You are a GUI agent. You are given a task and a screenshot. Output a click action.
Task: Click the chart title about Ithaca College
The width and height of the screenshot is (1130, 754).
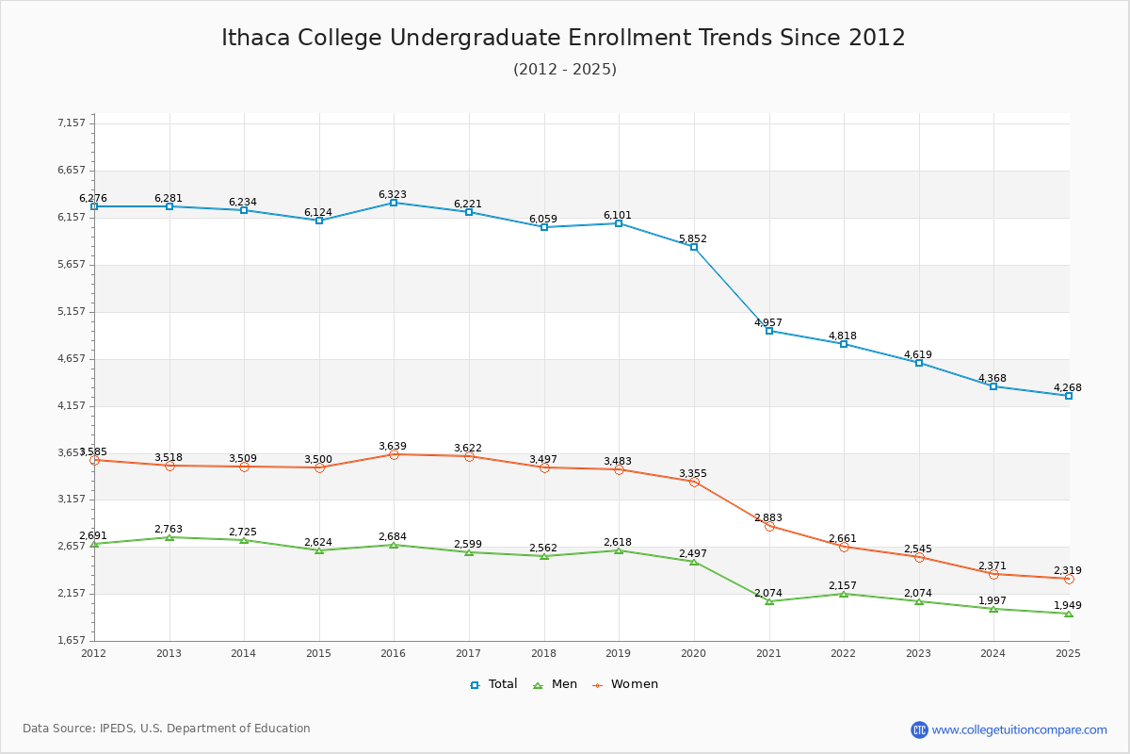(563, 38)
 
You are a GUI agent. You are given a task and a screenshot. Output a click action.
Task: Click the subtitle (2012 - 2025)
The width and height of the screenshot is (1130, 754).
(565, 70)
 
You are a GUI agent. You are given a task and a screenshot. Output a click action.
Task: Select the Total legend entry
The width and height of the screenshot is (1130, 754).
(493, 684)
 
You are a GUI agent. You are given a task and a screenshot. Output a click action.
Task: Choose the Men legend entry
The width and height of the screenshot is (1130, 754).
(556, 684)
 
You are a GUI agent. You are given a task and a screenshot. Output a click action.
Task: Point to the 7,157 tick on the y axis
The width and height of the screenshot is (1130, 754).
(72, 123)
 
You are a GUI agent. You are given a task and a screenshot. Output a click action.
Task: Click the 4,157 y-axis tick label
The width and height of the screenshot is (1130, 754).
(72, 405)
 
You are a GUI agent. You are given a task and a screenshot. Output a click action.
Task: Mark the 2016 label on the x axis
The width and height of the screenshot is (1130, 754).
(394, 653)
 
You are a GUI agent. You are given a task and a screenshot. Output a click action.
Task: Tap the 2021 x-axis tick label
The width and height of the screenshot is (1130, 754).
(768, 653)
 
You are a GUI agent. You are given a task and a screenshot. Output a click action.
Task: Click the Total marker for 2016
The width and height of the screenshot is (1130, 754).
(394, 203)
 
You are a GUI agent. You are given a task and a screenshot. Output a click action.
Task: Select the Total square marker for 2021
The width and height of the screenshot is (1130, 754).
(769, 331)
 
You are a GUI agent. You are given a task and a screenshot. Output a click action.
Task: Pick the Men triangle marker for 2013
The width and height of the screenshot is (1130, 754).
(169, 537)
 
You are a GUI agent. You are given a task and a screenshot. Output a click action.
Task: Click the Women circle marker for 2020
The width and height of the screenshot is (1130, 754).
(694, 482)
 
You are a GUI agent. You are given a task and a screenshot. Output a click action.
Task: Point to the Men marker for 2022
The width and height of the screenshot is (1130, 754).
(844, 594)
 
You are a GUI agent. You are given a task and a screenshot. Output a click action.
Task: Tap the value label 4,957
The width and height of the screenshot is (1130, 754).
(768, 322)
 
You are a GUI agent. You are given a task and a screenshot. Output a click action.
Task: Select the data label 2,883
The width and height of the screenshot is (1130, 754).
(768, 517)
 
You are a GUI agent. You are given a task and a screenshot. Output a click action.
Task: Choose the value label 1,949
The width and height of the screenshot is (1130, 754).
(1068, 605)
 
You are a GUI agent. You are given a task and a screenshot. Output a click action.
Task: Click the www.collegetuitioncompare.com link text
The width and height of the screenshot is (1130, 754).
(1020, 729)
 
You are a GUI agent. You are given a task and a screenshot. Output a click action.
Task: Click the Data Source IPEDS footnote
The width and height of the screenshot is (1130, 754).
(167, 729)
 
